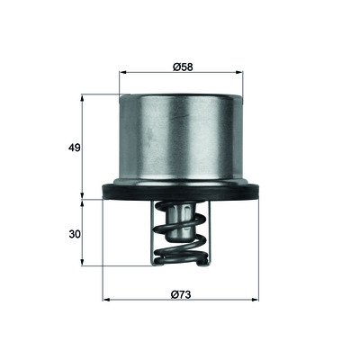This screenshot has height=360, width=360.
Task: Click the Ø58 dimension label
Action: [183, 67]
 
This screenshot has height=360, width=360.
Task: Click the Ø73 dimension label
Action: [181, 294]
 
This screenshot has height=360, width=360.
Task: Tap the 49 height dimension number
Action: [75, 148]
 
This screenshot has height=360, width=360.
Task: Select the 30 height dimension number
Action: [75, 234]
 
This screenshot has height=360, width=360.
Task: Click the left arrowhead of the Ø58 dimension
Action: [123, 72]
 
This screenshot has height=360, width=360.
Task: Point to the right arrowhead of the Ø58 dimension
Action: [239, 72]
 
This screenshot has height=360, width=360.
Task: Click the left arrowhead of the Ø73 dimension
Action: [106, 300]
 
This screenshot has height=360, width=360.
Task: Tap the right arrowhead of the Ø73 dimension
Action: [255, 300]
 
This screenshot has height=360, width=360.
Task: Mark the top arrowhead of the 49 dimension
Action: [82, 98]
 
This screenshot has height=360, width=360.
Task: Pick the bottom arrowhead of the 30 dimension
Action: [82, 262]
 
